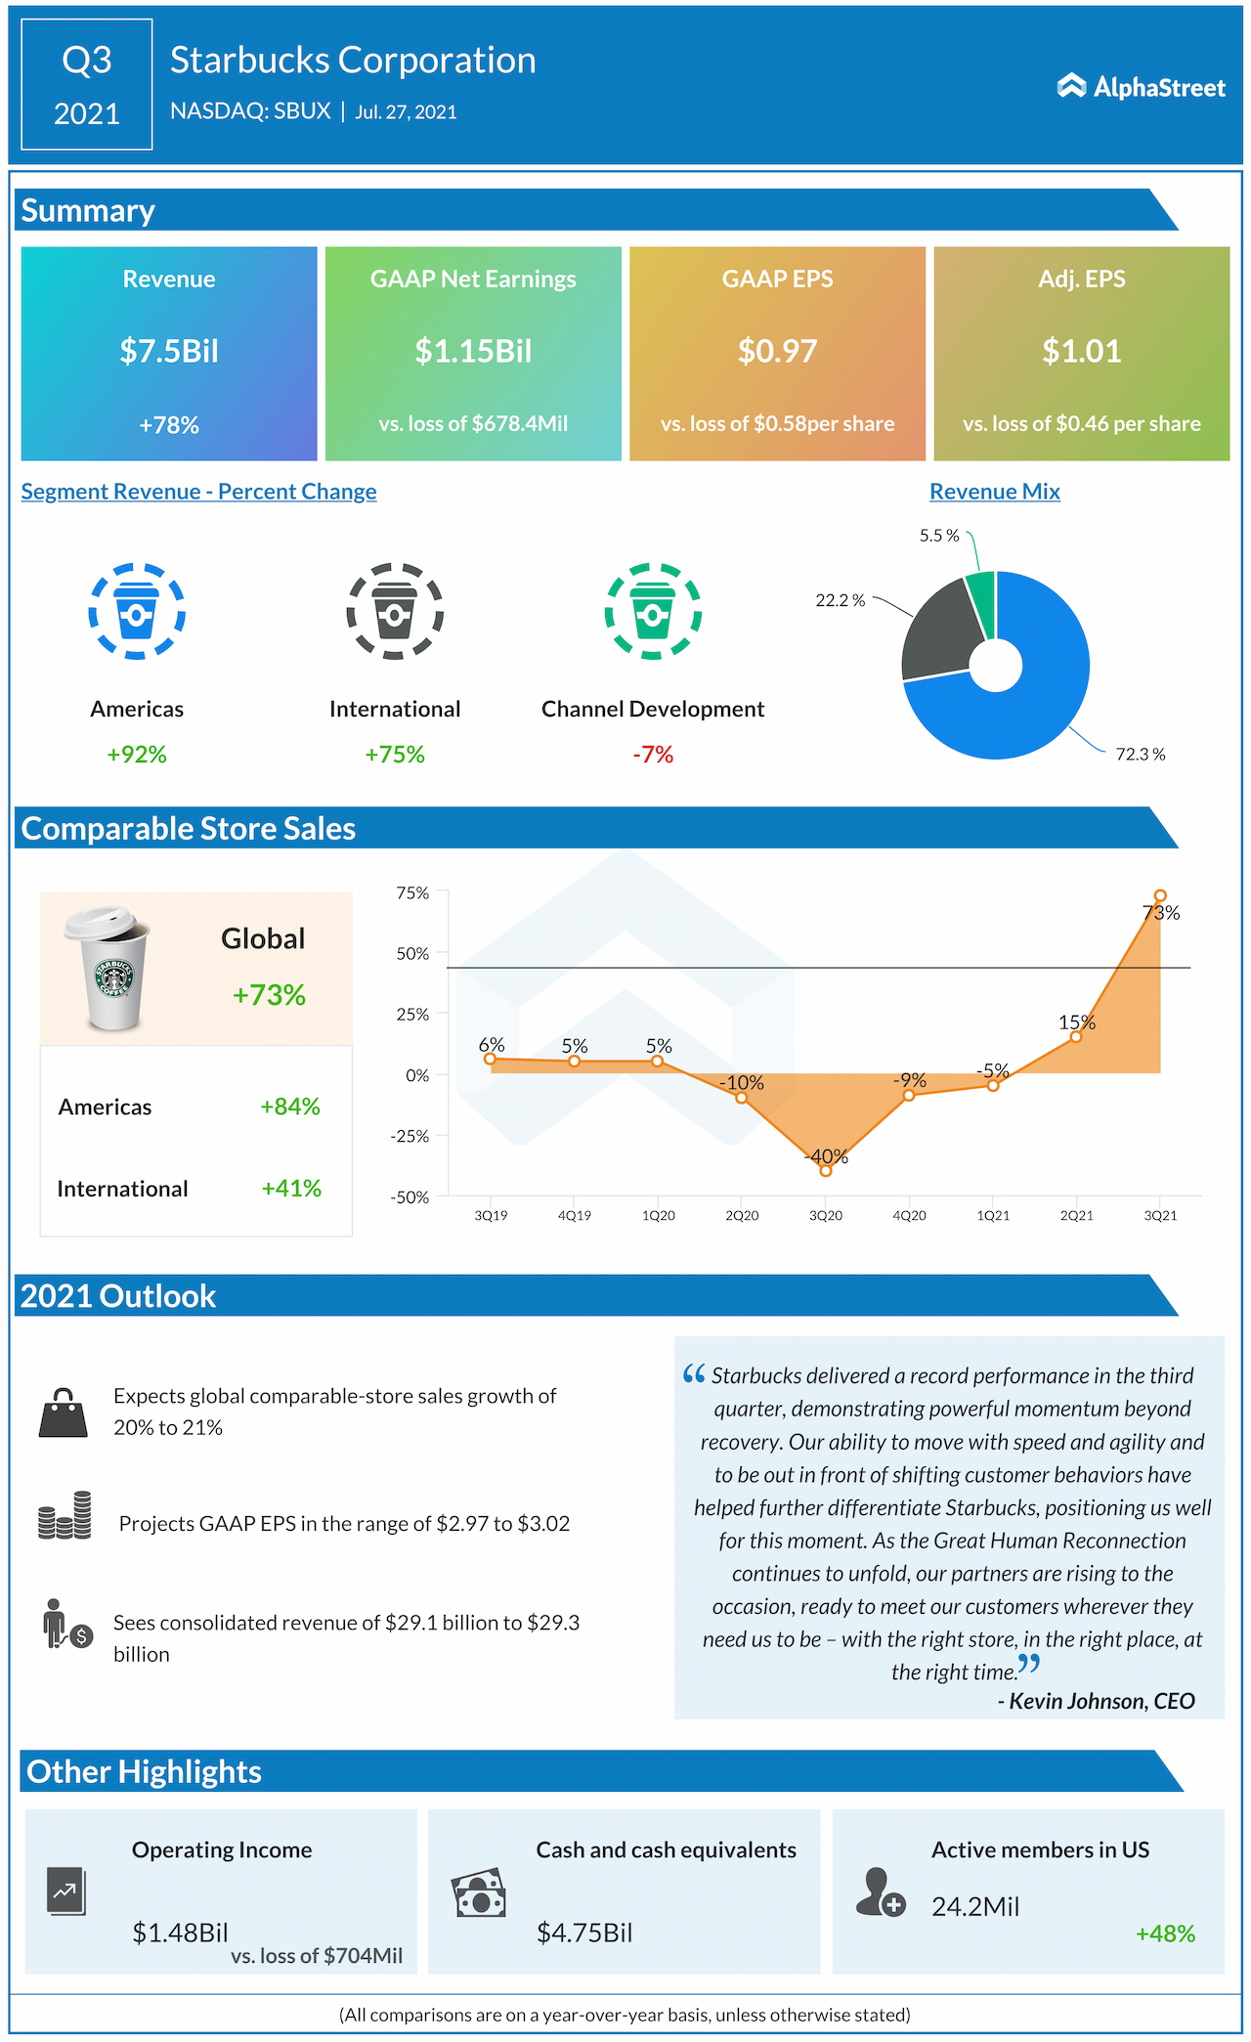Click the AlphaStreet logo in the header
(1141, 87)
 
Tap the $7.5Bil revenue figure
(169, 351)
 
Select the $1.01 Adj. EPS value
(1081, 351)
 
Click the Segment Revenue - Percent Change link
(198, 492)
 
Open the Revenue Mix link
(994, 492)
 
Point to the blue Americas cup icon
(137, 612)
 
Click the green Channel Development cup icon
(653, 612)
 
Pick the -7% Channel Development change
(653, 755)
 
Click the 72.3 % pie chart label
(1140, 755)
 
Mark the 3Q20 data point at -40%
(826, 1170)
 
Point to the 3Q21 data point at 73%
(1160, 895)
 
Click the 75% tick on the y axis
(412, 893)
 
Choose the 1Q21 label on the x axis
(993, 1216)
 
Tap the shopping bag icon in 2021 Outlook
(64, 1413)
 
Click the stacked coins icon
(65, 1516)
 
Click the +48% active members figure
(1165, 1933)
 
